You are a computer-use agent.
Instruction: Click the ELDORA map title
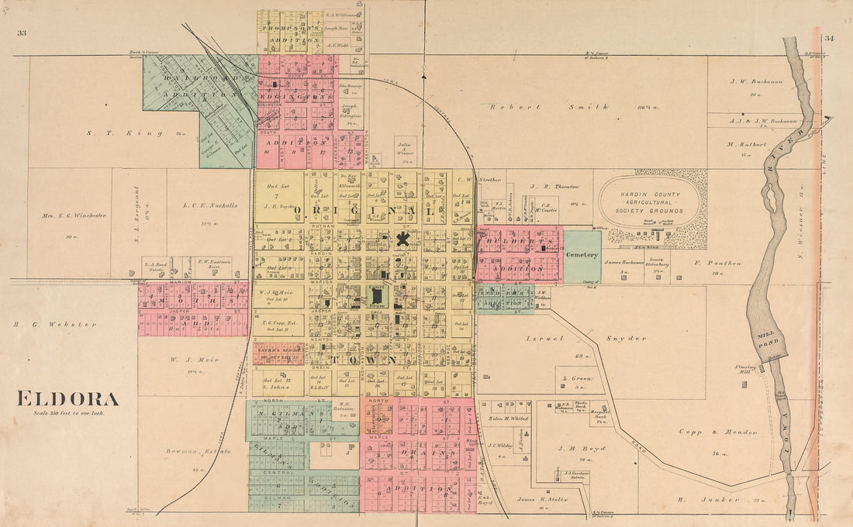tap(68, 400)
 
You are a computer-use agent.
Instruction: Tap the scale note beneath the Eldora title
tap(68, 413)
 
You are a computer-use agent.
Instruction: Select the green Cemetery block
tap(582, 255)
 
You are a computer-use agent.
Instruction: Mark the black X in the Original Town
tap(402, 239)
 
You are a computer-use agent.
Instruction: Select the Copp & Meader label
tap(706, 432)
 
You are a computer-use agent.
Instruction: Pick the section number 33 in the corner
tap(21, 33)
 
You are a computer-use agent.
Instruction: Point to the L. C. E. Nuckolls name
tap(209, 205)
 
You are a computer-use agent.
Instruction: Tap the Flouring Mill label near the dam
tap(745, 370)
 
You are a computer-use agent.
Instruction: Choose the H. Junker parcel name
tap(706, 500)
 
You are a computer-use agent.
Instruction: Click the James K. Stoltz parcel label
tap(543, 499)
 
